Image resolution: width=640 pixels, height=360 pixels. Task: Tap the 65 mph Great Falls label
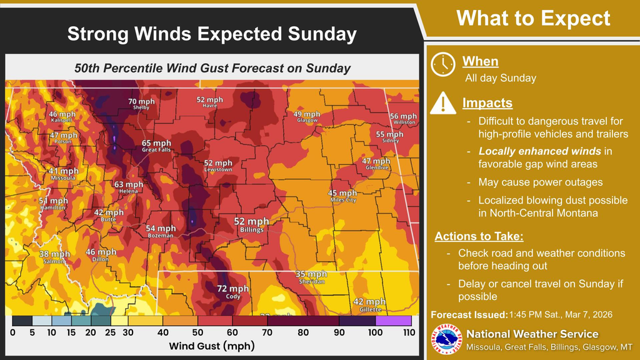pos(156,144)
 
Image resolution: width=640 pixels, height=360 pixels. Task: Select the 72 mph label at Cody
pos(232,289)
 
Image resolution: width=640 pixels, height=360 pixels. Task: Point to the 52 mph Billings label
pos(251,222)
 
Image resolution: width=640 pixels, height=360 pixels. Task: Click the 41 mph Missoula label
pos(64,171)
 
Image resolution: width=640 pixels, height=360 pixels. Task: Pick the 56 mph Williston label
pos(403,116)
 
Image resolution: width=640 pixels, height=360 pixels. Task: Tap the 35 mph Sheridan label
pos(311,274)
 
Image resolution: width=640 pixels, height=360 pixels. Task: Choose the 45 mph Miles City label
pos(342,193)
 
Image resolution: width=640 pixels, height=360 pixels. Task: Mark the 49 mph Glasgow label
pos(307,115)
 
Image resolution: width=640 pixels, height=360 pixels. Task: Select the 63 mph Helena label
pos(128,185)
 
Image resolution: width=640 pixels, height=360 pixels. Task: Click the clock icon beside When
pos(443,64)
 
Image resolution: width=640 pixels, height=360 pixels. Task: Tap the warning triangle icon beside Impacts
pos(443,102)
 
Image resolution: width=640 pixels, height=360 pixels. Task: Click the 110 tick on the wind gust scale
pos(409,332)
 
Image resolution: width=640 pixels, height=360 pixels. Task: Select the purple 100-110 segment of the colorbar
pos(394,321)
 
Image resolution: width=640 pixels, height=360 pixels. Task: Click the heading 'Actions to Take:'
pos(479,237)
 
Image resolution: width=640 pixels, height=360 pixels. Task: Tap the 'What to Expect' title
pos(533,18)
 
